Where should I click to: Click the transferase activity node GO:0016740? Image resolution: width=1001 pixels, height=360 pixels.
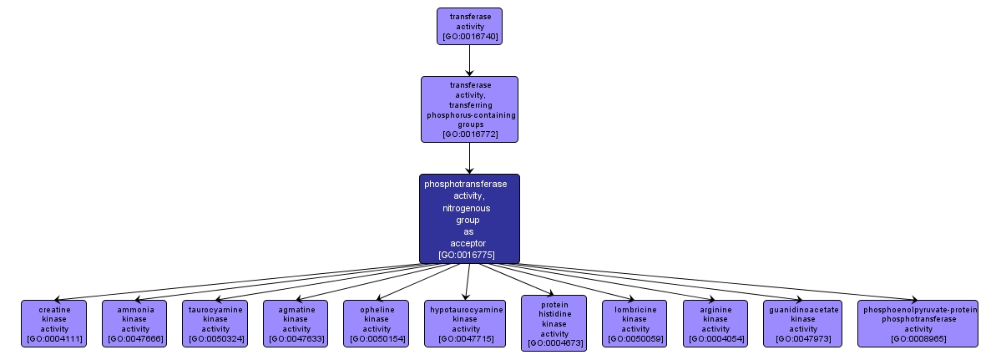point(469,26)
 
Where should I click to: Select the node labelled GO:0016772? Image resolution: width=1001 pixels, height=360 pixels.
point(469,109)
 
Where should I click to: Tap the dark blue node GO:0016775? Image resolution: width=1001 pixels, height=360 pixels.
point(469,219)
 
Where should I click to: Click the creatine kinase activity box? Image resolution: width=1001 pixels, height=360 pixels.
point(54,323)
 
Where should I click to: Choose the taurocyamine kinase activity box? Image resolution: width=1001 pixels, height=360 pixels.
point(215,323)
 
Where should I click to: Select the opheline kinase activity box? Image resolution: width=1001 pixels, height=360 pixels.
point(376,323)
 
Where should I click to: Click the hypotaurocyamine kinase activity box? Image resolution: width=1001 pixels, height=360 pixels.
point(467,323)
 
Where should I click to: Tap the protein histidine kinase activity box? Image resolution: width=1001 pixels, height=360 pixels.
point(554,323)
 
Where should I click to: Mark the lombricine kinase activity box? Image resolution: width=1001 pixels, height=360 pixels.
point(634,323)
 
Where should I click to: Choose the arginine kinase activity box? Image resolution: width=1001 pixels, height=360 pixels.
point(716,323)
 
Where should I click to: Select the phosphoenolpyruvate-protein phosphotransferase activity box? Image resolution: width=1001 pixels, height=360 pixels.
point(920,323)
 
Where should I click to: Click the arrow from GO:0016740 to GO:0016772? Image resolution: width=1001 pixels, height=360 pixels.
point(469,60)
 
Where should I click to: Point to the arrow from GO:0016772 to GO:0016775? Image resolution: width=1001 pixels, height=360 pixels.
point(469,158)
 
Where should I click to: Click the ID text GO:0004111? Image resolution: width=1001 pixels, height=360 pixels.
point(54,339)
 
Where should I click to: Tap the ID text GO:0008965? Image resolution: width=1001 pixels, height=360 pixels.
point(920,339)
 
